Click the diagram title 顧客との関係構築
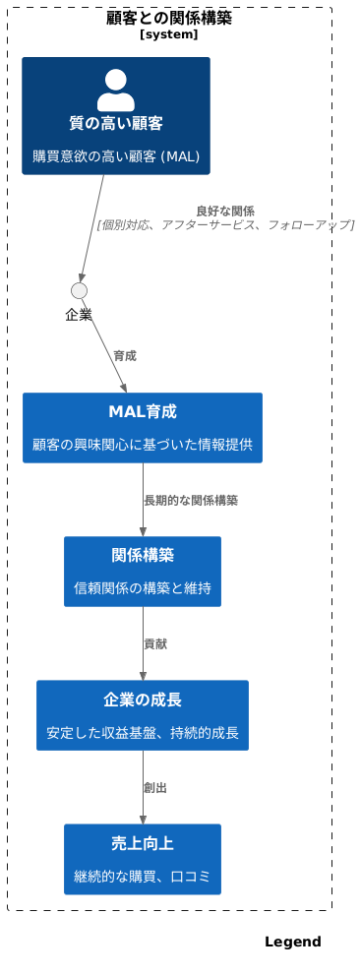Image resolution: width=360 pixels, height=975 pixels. (169, 18)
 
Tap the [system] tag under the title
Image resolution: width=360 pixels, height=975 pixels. (169, 34)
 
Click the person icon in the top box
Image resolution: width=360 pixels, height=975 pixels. (115, 90)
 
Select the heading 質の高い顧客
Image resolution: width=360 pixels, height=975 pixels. (115, 123)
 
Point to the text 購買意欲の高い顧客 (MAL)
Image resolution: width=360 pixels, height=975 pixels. (115, 155)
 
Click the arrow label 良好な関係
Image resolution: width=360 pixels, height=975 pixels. (225, 211)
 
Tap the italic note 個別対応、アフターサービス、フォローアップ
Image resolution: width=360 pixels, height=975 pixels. (225, 225)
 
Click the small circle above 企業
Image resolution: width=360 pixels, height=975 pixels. (80, 290)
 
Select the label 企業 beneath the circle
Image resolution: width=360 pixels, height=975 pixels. (79, 315)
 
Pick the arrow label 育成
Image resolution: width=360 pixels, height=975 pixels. (125, 355)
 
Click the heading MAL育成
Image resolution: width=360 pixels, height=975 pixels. (143, 411)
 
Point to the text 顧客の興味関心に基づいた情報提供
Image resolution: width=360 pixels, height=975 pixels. (143, 444)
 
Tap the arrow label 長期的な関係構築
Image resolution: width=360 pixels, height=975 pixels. (191, 500)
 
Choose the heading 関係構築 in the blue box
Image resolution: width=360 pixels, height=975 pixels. (143, 555)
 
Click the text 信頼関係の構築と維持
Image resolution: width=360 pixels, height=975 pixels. (143, 587)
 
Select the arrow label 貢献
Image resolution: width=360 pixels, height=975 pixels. (155, 643)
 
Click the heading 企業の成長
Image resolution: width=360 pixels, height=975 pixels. (143, 700)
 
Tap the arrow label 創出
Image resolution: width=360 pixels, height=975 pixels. (155, 787)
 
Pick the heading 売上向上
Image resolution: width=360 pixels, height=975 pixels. (143, 843)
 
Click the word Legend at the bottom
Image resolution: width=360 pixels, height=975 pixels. (292, 943)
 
